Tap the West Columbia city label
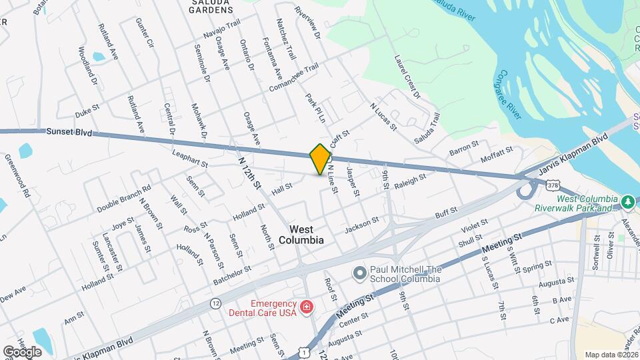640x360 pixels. tap(301, 234)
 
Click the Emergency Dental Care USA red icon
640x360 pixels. tap(306, 307)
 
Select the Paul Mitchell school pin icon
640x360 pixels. tap(360, 273)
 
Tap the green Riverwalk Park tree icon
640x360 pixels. tap(627, 201)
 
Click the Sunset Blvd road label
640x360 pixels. tap(69, 133)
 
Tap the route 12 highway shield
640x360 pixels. tap(215, 303)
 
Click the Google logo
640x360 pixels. tap(22, 351)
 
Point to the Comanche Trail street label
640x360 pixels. tap(294, 79)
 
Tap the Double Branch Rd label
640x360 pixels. tap(124, 199)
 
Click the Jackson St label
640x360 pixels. tap(361, 225)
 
